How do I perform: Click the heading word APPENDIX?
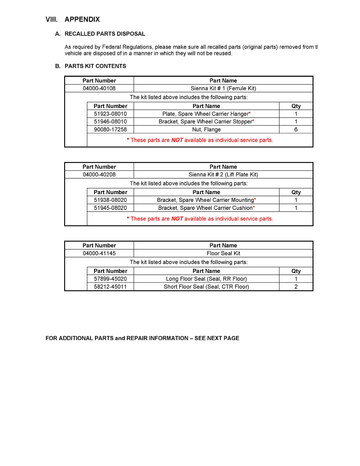point(82,19)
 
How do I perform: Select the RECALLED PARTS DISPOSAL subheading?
point(105,34)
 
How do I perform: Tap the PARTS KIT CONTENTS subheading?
point(95,66)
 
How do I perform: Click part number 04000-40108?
point(99,88)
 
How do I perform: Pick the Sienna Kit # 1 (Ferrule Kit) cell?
point(223,88)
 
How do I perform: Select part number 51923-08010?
point(110,114)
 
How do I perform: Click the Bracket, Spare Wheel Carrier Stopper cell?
point(206,122)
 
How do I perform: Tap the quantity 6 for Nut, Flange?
point(296,129)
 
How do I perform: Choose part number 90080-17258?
point(110,129)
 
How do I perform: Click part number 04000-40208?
point(99,175)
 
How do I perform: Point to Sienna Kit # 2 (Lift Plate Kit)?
point(223,175)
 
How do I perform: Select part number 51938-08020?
point(110,200)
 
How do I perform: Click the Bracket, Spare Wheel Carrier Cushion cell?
point(206,208)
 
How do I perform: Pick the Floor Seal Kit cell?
point(223,253)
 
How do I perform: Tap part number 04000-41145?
point(99,253)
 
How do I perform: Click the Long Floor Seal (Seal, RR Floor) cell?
point(206,279)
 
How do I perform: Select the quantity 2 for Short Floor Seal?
point(296,287)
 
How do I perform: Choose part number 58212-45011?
point(110,287)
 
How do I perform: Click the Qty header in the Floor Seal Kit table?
point(296,271)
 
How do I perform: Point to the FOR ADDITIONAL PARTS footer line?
point(142,338)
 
